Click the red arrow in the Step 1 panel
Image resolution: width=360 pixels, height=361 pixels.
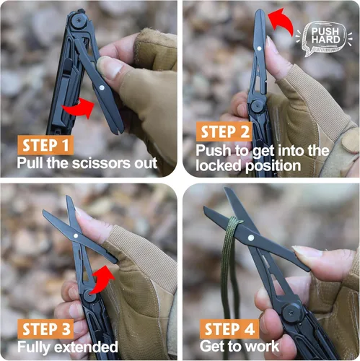(x=79, y=109)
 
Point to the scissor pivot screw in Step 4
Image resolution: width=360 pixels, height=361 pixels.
(x=250, y=237)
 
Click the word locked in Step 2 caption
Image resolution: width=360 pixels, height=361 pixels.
(x=219, y=165)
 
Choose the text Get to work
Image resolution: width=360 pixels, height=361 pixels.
(x=240, y=347)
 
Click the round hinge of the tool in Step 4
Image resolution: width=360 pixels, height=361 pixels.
(x=291, y=312)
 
